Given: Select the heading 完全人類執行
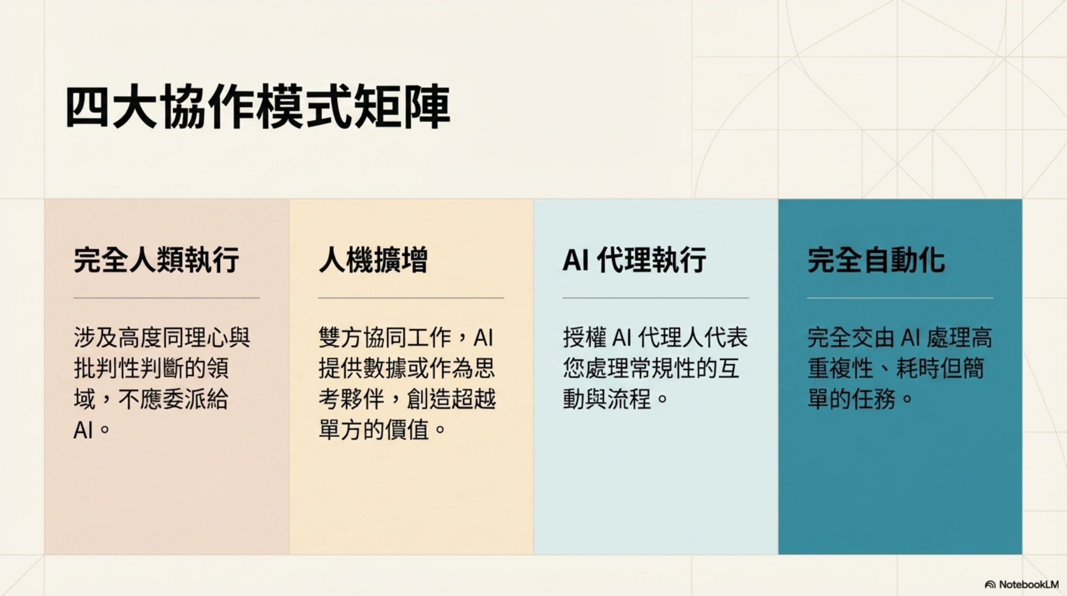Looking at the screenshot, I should coord(156,260).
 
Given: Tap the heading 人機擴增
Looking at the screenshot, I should coord(373,260).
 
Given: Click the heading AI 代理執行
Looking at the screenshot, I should coord(634,260).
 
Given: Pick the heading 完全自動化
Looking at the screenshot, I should coord(876,260).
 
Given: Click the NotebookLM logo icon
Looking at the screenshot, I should coord(990,585).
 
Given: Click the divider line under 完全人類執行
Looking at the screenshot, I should coord(166,298).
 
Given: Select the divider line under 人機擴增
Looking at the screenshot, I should coord(411,298).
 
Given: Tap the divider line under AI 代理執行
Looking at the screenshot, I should coord(655,298).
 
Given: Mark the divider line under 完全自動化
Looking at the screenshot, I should coord(900,298).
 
